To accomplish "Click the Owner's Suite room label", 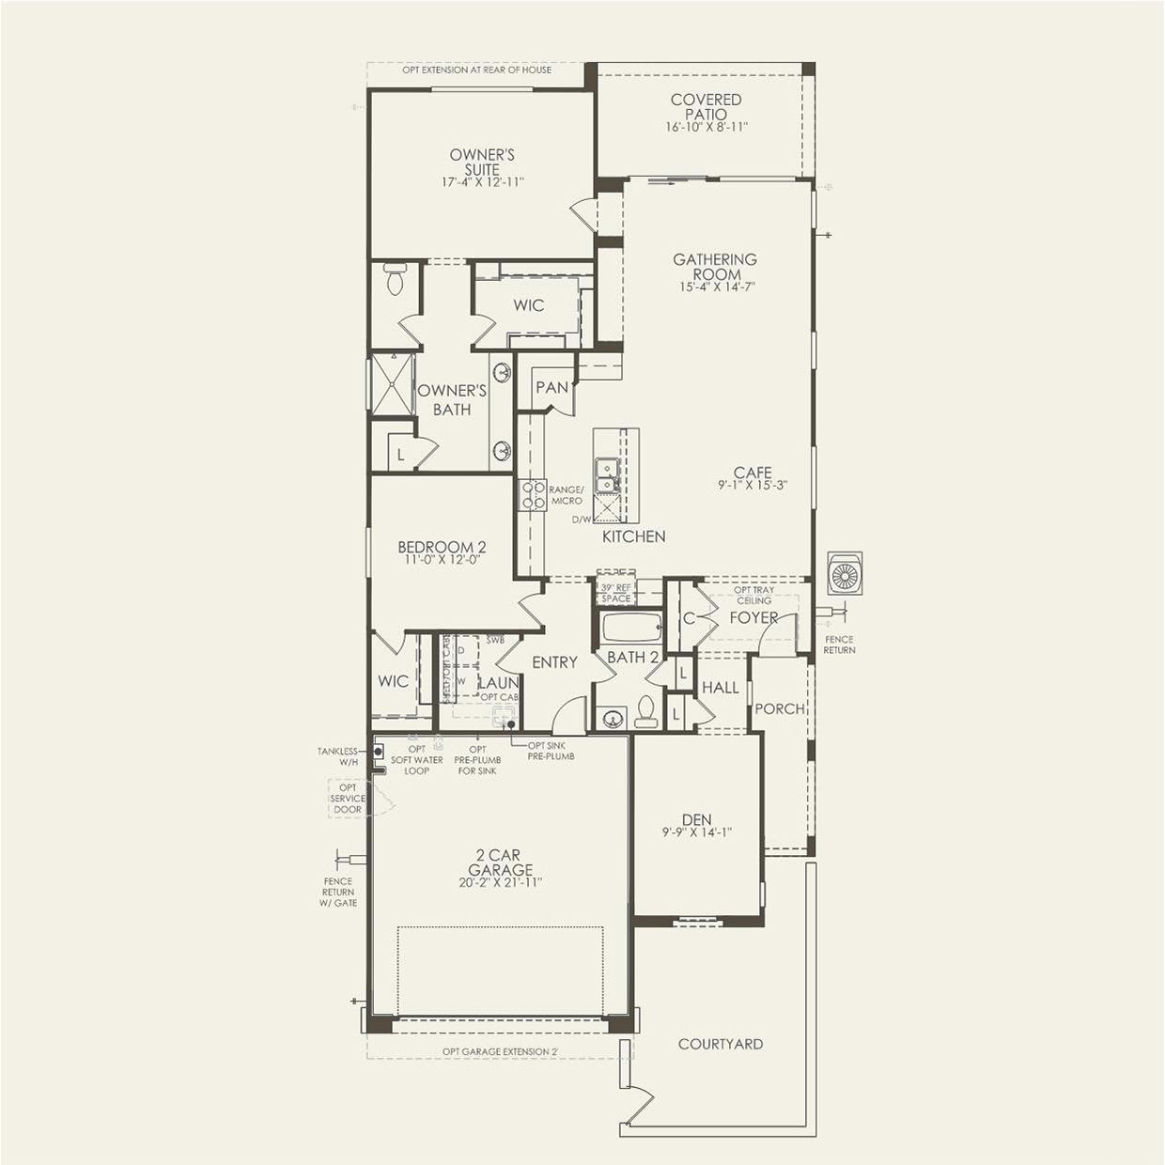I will coord(481,162).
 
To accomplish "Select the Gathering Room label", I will coord(714,267).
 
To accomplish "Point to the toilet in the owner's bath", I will coord(395,279).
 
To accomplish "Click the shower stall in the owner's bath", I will coord(390,382).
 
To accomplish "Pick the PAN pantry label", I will coord(551,387).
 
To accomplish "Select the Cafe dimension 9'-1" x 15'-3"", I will coord(752,486).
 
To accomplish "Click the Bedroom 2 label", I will coord(442,548).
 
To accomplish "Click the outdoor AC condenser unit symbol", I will coord(842,573).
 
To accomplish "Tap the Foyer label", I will coord(753,617).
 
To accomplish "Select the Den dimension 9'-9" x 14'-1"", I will coord(696,831).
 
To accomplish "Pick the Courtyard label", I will coord(721,1044).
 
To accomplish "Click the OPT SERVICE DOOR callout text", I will coord(347,798).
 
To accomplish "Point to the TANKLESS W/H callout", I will coord(337,756).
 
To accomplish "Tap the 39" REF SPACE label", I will coord(616,593).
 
